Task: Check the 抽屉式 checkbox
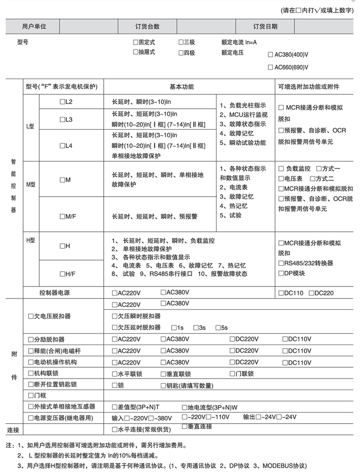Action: point(136,52)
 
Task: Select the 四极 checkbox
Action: point(181,53)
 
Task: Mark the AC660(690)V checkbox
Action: point(270,67)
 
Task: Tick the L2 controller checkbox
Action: point(62,102)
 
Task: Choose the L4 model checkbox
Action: point(62,145)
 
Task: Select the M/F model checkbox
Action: point(62,216)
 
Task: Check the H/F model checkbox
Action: point(62,273)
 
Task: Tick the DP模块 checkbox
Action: point(281,273)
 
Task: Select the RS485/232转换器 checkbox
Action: point(281,263)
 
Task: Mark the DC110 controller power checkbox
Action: point(281,293)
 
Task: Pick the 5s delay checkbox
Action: point(218,328)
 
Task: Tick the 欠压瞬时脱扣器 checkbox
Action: point(114,316)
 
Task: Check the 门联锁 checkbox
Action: point(232,374)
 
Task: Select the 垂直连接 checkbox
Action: point(184,426)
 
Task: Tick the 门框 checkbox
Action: point(31,396)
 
